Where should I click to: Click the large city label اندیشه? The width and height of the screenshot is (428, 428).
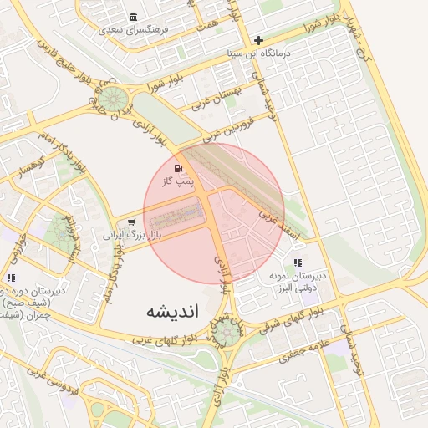[173, 313]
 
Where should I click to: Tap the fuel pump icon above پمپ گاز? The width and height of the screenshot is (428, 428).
[181, 167]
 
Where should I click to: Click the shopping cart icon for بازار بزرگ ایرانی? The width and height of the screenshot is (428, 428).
[131, 222]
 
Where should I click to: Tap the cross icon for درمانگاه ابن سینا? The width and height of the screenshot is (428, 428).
[259, 40]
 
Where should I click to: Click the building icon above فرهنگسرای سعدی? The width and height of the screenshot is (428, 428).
[134, 18]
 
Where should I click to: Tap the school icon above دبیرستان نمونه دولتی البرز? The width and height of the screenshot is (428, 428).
[298, 262]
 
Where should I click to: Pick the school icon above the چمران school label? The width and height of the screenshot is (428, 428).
[11, 278]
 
